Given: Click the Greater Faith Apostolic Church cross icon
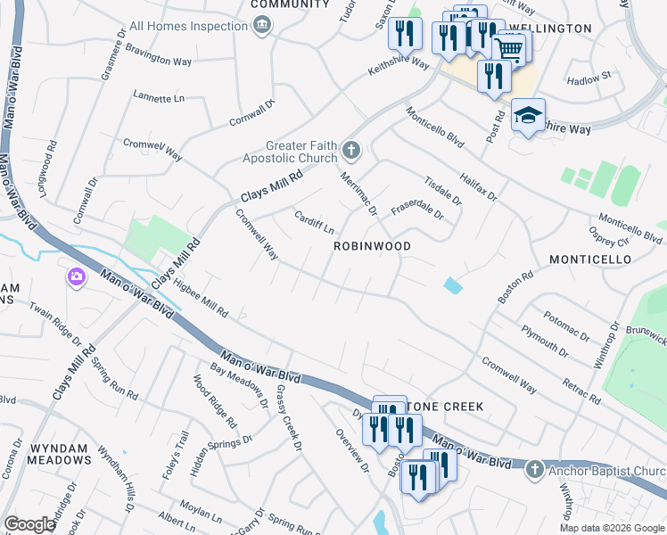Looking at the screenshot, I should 351,151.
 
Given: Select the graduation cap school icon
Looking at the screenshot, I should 528,116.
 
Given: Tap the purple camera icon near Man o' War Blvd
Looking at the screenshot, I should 77,276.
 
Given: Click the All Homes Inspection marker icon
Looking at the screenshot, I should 261,26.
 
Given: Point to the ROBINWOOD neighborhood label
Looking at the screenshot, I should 372,246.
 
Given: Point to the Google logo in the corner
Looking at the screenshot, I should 29,524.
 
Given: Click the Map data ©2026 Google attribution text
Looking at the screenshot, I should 611,528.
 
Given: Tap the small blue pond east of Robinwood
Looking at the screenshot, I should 453,285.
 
